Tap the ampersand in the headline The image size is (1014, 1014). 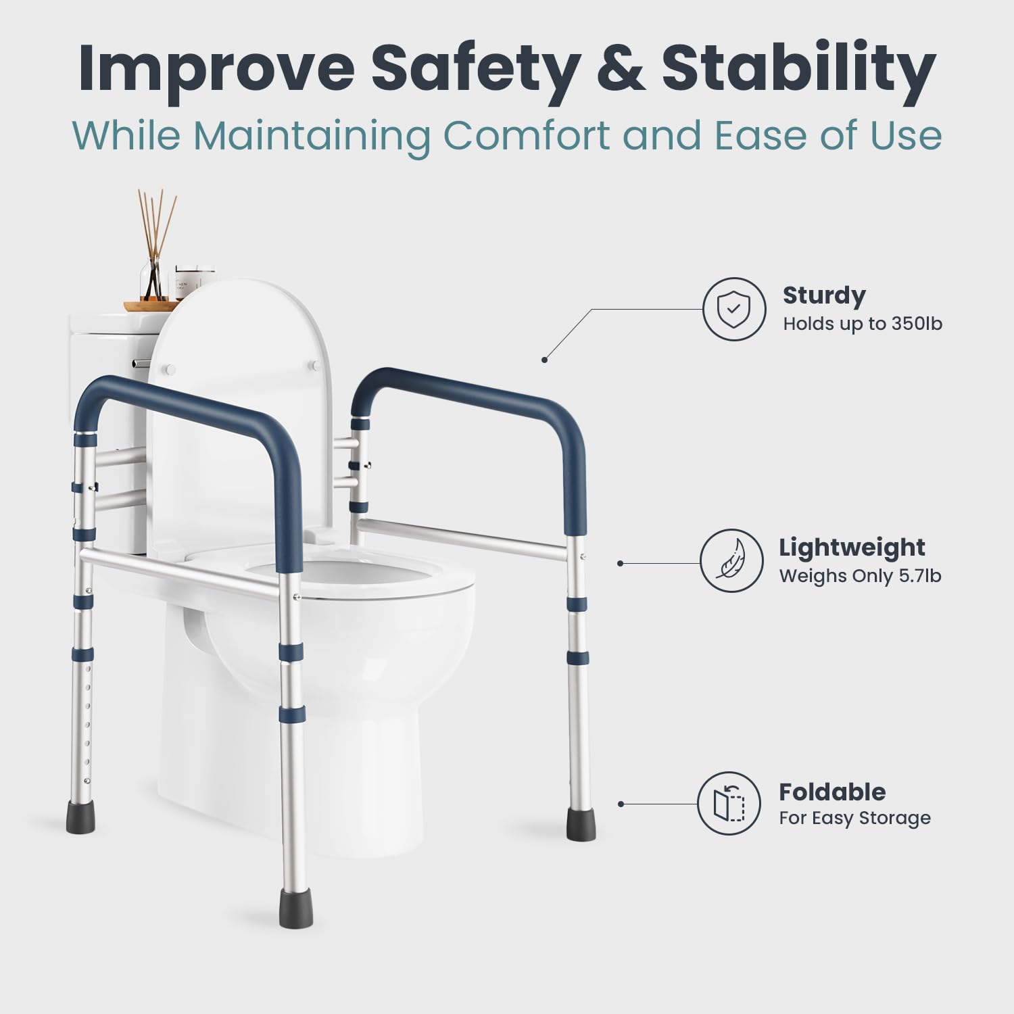click(621, 69)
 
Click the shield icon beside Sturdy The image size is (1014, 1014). click(733, 310)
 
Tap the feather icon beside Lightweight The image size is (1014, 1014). click(730, 562)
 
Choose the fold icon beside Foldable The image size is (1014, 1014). click(729, 803)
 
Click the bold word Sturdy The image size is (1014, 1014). click(823, 295)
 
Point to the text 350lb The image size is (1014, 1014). click(916, 324)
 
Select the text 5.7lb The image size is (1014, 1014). click(916, 576)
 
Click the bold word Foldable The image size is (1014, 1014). click(831, 792)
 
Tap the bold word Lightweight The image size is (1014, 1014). click(851, 547)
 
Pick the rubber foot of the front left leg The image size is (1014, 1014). click(82, 817)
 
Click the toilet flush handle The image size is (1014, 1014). click(140, 364)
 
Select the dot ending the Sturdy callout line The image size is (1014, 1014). click(544, 360)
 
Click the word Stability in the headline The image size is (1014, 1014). click(798, 70)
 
